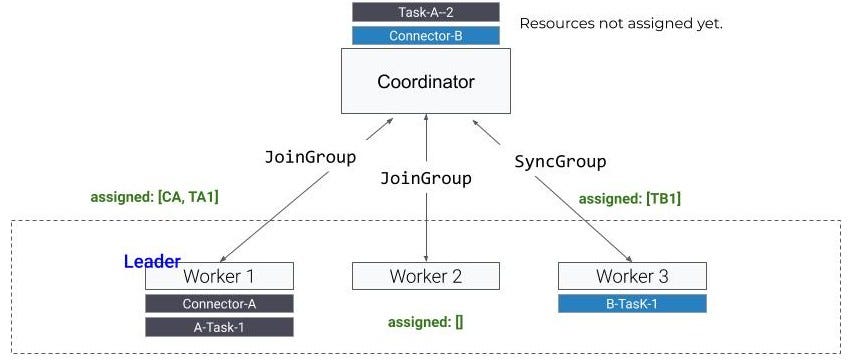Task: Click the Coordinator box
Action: pyautogui.click(x=426, y=81)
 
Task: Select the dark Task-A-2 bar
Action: pyautogui.click(x=426, y=12)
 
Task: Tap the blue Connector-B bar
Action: pyautogui.click(x=426, y=36)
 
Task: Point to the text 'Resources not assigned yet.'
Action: pyautogui.click(x=620, y=23)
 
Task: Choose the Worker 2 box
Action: pyautogui.click(x=426, y=276)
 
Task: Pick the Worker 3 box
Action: pyautogui.click(x=632, y=276)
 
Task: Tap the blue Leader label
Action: pyautogui.click(x=152, y=262)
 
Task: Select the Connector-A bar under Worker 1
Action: pyautogui.click(x=219, y=304)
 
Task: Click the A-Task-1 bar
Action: pyautogui.click(x=219, y=327)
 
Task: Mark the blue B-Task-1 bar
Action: pyautogui.click(x=632, y=304)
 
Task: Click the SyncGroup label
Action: pyautogui.click(x=560, y=162)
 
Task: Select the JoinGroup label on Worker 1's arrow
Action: pyautogui.click(x=310, y=158)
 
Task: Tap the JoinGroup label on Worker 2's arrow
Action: pyautogui.click(x=426, y=179)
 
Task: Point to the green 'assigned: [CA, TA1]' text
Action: pyautogui.click(x=155, y=198)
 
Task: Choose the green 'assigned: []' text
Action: pyautogui.click(x=426, y=322)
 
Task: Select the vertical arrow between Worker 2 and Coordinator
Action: pyautogui.click(x=427, y=220)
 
